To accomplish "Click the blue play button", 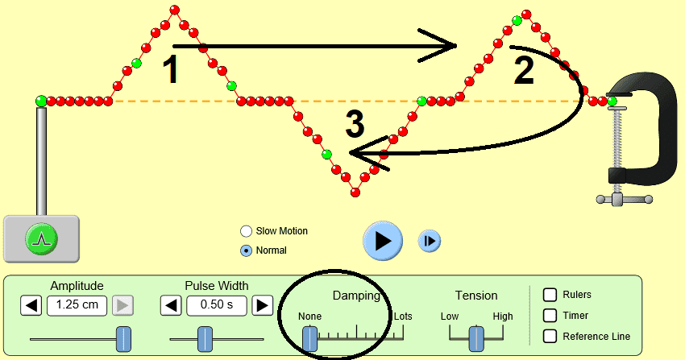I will click(383, 240).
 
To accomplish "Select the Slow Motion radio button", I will click(246, 231).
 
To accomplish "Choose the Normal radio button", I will click(246, 250).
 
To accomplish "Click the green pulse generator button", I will click(42, 238).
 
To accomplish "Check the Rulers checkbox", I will click(550, 295).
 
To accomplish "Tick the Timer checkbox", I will click(550, 316).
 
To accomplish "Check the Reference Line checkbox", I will click(550, 336).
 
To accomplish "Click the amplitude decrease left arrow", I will click(31, 305).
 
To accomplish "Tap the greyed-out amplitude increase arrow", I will click(122, 305).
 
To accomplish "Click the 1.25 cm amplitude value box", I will click(77, 305).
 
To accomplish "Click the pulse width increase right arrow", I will click(263, 305).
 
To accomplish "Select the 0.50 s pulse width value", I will click(217, 305).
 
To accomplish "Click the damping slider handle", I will click(310, 339).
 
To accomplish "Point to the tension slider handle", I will click(476, 339).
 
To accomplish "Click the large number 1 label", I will click(170, 71).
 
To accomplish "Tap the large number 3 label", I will click(355, 125).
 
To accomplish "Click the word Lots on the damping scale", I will click(403, 317).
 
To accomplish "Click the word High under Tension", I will click(502, 317).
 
